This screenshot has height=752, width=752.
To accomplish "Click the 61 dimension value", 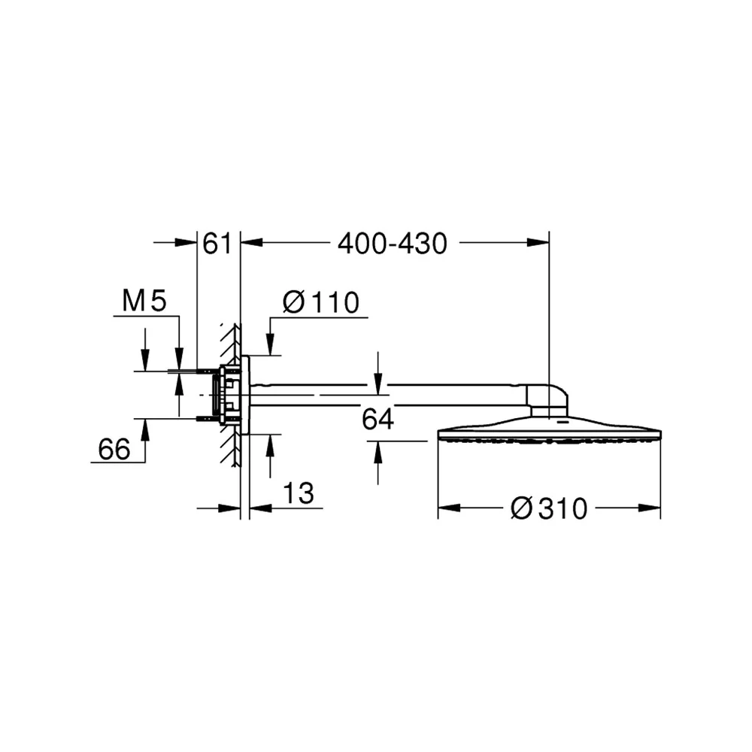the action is click(x=217, y=244).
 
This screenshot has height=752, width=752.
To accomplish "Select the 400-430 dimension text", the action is click(x=393, y=244).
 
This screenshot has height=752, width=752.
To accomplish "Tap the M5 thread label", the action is click(x=144, y=302).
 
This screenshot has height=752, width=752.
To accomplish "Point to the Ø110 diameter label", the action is click(x=321, y=302).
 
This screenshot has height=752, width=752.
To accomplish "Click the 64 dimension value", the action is click(x=378, y=419).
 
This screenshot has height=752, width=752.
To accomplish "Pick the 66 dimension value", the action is click(x=114, y=450).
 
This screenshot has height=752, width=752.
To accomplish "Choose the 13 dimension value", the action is click(x=299, y=493).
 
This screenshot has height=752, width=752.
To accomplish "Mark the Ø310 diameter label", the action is click(x=549, y=508).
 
